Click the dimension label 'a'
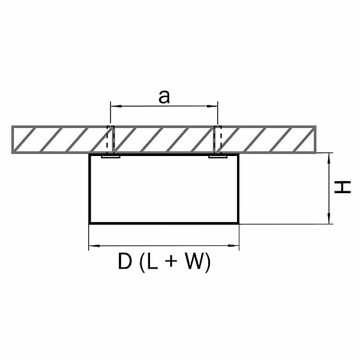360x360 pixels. coord(164,97)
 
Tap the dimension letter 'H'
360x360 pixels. coord(343,187)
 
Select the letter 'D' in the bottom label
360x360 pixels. coord(125,261)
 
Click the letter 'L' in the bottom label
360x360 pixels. coord(152,261)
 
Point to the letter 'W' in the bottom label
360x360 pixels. coord(194,261)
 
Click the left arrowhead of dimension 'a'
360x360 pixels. coord(116,106)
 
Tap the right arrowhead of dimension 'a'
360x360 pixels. coord(212,106)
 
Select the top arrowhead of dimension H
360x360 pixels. coord(329,158)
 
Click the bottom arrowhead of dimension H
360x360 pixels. coord(329,218)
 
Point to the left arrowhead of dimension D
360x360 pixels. coord(94,246)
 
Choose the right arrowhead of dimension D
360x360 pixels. coord(233,246)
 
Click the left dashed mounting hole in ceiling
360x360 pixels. coord(110,139)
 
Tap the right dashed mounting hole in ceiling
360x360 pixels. coord(218,139)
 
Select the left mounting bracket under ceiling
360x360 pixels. coord(110,157)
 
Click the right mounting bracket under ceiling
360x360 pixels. coord(218,157)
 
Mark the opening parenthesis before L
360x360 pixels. coord(142,263)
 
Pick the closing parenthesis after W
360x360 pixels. coord(208,263)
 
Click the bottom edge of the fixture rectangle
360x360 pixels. coord(164,223)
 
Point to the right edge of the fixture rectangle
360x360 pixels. coord(238,188)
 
